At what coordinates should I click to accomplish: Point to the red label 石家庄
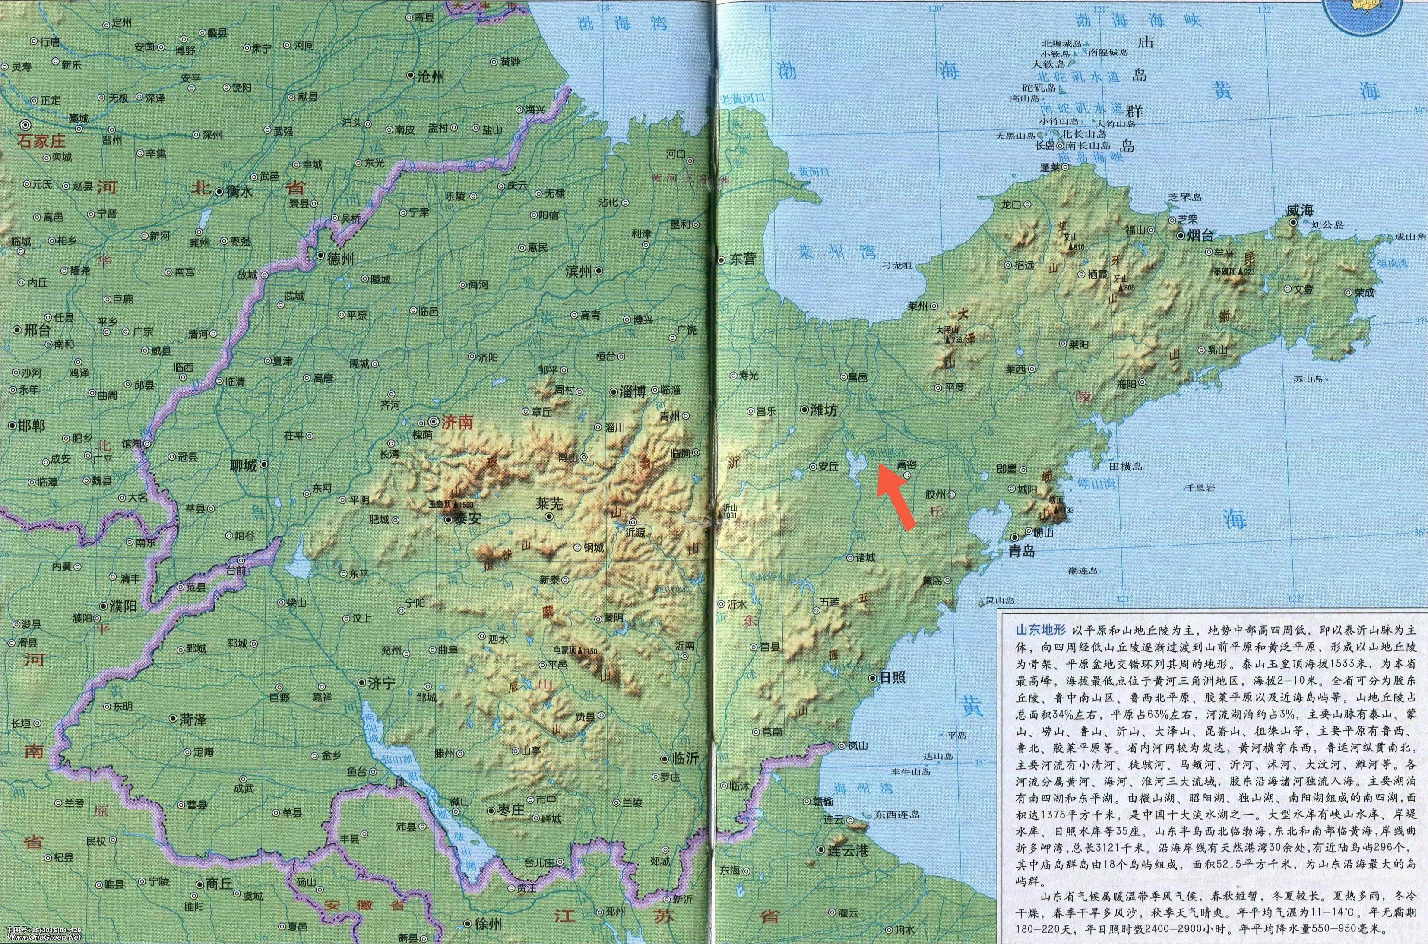click(x=41, y=142)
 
